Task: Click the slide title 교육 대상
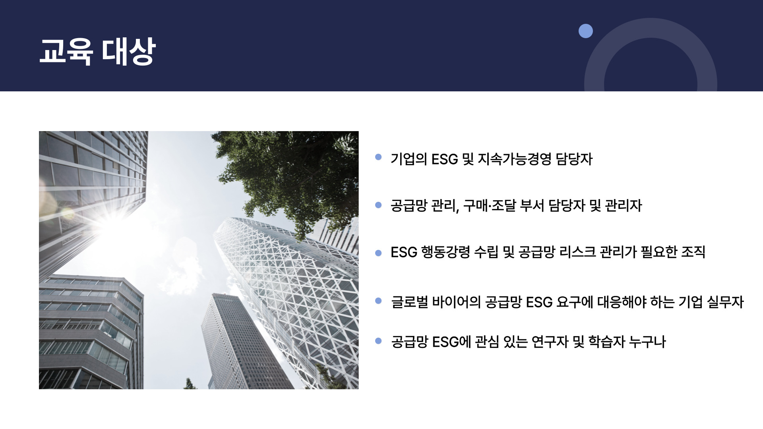tap(97, 52)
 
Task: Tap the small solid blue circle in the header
tap(585, 31)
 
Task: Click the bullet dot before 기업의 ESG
tap(378, 157)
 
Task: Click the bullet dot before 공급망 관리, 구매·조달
tap(378, 205)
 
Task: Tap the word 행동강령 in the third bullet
tap(445, 252)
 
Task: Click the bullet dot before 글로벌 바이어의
tap(378, 301)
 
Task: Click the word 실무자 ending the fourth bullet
tap(725, 302)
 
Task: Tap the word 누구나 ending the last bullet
tap(647, 342)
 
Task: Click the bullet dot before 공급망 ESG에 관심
tap(378, 340)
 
